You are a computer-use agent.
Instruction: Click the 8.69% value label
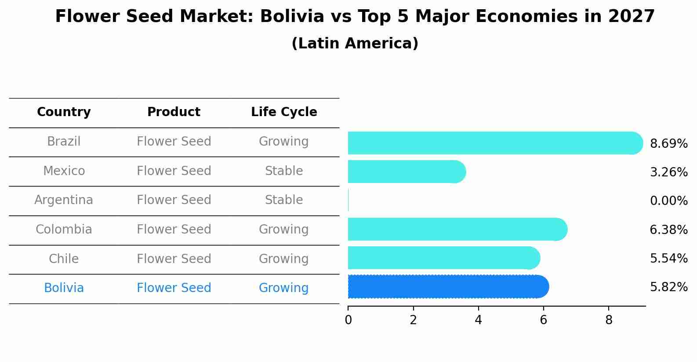[668, 144]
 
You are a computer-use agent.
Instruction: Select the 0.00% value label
[668, 201]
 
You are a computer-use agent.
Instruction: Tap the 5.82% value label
[668, 287]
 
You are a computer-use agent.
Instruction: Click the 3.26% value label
[668, 172]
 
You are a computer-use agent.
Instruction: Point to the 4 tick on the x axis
[478, 320]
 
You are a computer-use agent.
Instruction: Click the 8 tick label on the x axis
[609, 320]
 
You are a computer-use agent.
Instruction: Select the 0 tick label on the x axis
[348, 320]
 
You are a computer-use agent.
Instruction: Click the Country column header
[64, 112]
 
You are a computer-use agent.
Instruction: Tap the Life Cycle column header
[284, 112]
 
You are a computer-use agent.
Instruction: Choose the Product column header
[174, 112]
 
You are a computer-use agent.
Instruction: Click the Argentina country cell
[64, 200]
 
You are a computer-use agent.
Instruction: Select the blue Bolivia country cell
[64, 288]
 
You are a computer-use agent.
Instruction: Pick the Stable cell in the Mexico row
[284, 171]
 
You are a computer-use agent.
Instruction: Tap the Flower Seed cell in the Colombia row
[174, 230]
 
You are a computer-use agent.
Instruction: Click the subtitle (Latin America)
[355, 44]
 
